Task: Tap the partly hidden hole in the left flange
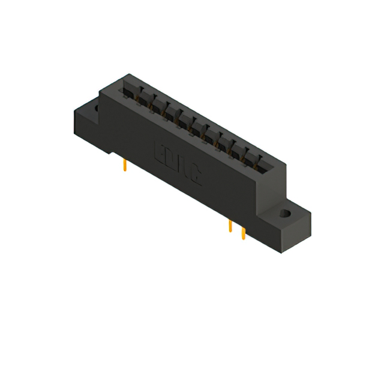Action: (x=95, y=108)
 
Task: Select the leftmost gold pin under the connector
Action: (x=124, y=165)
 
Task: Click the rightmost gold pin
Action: (x=243, y=233)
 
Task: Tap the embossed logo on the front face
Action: (x=179, y=162)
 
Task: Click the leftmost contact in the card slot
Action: (x=127, y=91)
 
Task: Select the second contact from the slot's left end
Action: (x=142, y=99)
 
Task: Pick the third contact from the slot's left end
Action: (x=157, y=107)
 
